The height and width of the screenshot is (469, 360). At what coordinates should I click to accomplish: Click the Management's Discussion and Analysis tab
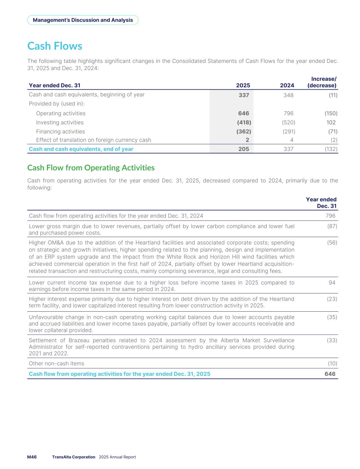[83, 20]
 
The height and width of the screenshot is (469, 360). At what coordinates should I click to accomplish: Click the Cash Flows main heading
[55, 46]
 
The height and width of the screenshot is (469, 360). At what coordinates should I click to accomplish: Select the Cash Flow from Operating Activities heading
[91, 168]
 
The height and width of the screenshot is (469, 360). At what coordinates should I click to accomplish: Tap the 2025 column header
[243, 86]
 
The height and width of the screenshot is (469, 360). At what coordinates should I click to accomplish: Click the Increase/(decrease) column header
[322, 82]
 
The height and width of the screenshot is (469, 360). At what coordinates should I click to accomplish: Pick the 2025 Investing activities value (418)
[244, 122]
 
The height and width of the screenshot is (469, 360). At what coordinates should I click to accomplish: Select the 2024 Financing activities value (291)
[289, 131]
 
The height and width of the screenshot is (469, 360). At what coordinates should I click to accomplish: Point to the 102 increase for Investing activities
[331, 122]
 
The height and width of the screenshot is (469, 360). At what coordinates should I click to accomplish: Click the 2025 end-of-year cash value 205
[244, 149]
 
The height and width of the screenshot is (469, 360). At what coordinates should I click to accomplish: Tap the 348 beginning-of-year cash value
[289, 95]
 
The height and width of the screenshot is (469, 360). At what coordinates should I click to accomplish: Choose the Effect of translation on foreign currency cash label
[93, 140]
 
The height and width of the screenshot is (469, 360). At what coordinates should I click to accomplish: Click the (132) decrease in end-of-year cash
[331, 149]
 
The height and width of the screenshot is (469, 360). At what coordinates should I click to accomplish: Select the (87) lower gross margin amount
[332, 226]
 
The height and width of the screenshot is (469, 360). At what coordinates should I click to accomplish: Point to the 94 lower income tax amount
[332, 282]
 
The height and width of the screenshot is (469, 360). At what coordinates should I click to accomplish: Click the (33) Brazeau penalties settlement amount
[332, 340]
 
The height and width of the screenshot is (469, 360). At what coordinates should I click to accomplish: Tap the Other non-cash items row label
[57, 363]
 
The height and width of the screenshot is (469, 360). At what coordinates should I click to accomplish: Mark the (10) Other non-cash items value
[332, 363]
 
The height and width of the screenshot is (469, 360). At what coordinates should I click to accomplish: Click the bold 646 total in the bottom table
[330, 374]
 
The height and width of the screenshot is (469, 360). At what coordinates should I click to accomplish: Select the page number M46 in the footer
[32, 457]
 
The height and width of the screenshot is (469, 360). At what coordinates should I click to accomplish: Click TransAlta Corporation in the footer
[74, 457]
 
